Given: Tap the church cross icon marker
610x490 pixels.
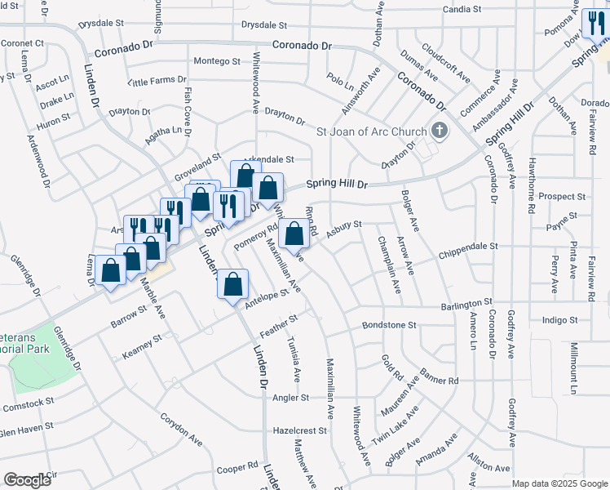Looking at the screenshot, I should pos(439,130).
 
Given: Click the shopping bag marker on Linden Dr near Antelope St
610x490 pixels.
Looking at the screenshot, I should pos(233,284).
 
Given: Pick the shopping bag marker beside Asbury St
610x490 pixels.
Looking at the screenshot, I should pos(294,234).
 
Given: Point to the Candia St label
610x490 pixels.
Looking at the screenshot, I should pos(464,10).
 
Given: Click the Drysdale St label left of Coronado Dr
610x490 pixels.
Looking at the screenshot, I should pos(108,24).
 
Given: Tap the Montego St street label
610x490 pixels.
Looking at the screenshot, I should pos(217,61).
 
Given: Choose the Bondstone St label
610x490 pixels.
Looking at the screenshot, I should pos(388,325).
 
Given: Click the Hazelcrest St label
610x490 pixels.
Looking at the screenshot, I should pos(299,430).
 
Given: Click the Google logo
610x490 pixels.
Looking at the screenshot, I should pos(28,480).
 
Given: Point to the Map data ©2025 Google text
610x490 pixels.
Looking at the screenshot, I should pos(559,483).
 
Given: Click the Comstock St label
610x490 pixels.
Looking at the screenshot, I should pos(27,403).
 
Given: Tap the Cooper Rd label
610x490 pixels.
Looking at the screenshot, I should pos(237,468).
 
